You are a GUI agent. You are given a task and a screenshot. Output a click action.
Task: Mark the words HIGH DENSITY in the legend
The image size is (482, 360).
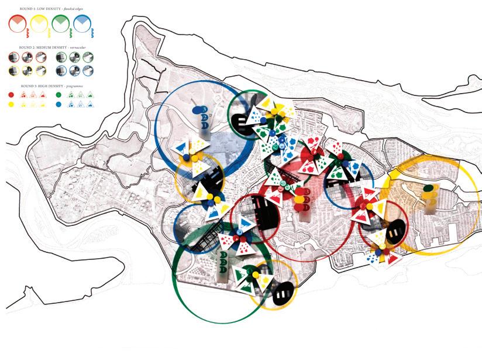click(50, 85)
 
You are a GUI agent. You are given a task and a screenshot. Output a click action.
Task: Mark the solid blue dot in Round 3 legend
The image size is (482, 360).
click(58, 104)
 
